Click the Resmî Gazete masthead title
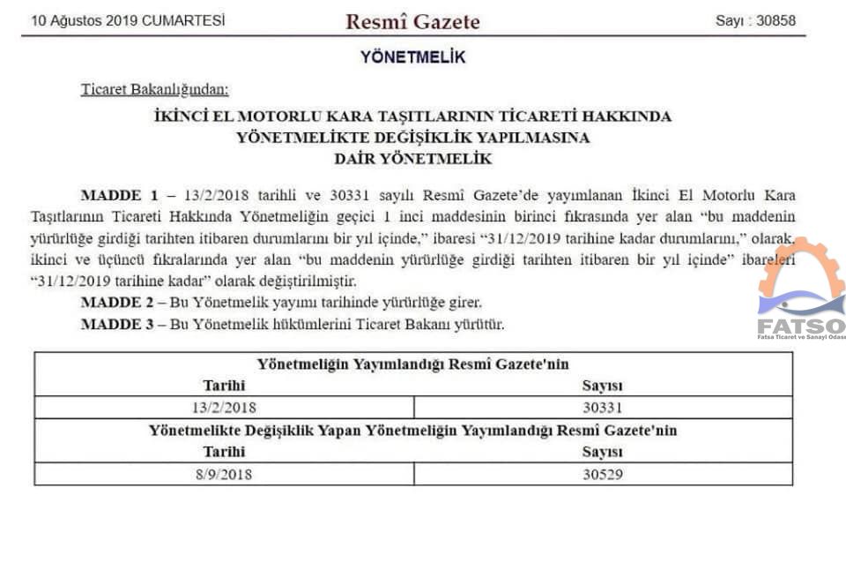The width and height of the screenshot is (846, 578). pos(412,21)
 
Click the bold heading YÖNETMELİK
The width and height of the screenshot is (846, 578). pos(412,58)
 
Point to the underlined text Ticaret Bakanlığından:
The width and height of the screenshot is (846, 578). pos(155,88)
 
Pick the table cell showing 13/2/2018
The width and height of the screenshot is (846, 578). pos(224,407)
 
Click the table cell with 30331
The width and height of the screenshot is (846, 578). pos(603,407)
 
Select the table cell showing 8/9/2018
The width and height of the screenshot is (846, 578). pos(224,474)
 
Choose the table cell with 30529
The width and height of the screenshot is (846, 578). pos(603,474)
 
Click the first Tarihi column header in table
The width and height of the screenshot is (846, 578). pos(224,386)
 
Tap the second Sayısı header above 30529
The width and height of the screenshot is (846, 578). pos(603,452)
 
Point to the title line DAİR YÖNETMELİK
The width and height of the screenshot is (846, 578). pos(412,160)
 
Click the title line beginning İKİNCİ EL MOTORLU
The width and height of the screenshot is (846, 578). pos(412,116)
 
